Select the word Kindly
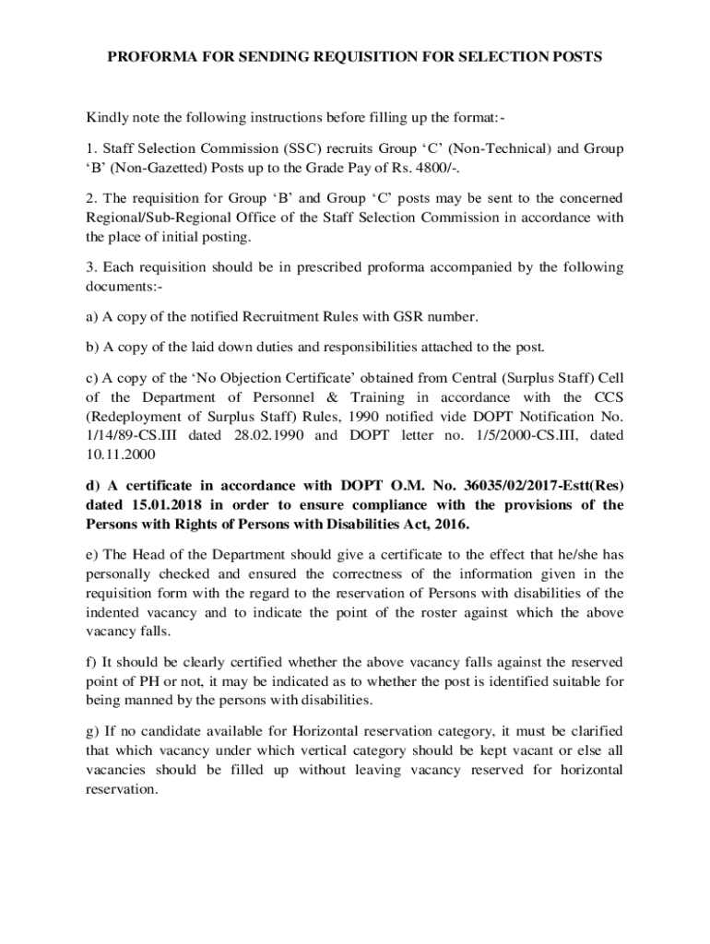click(109, 118)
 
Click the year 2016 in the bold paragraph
click(450, 524)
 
